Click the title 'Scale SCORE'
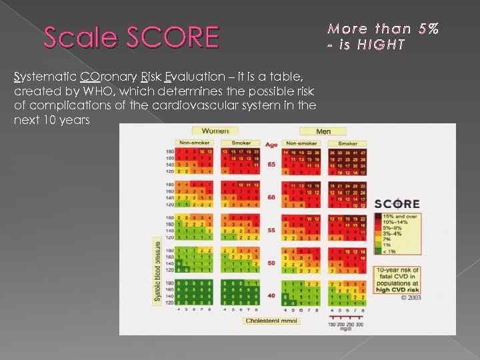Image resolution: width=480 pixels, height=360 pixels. (131, 37)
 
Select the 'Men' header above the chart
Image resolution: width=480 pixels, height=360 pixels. (323, 131)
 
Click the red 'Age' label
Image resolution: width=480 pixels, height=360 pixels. (271, 145)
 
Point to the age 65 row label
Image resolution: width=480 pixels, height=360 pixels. (271, 164)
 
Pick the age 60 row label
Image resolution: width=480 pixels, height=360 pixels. (271, 197)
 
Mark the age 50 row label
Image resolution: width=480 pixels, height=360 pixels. (271, 263)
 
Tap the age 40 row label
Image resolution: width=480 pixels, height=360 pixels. (271, 295)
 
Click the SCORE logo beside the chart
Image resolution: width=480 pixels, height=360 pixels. (397, 203)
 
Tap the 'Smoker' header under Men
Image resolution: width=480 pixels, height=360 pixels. (347, 143)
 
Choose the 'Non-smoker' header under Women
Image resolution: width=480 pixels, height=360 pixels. (193, 143)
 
